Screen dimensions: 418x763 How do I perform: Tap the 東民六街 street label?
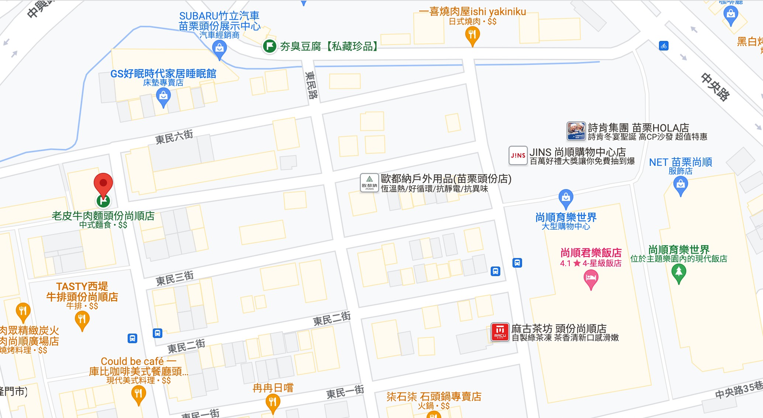[174, 137]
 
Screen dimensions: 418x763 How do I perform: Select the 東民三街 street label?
[175, 278]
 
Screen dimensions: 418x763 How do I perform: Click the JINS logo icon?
[518, 156]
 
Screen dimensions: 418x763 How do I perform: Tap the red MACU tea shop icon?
[500, 332]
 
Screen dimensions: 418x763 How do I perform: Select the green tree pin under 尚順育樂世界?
[679, 273]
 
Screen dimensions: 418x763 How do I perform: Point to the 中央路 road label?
[715, 87]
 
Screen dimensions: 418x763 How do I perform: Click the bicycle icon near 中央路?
[663, 46]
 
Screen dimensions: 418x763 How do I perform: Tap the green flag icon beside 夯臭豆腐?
[270, 46]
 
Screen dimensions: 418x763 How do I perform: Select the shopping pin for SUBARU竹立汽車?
[220, 49]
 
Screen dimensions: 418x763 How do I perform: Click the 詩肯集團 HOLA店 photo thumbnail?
[576, 131]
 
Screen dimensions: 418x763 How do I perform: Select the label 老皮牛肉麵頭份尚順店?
[103, 216]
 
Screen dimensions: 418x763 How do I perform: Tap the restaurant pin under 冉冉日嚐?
[273, 403]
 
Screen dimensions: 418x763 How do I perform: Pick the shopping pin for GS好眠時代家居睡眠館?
[163, 97]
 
